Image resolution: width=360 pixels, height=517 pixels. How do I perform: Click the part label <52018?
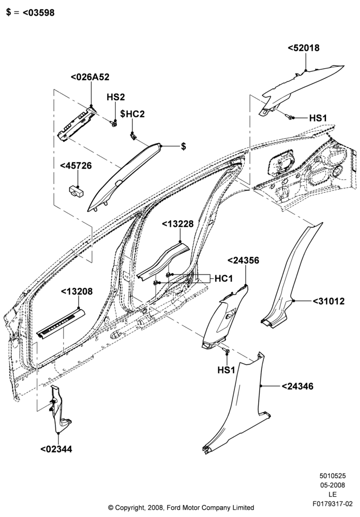pos(304,48)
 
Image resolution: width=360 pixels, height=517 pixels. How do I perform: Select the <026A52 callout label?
pos(90,77)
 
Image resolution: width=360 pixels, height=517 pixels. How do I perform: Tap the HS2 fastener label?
pos(116,97)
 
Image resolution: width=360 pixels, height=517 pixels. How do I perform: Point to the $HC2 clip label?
pos(132,114)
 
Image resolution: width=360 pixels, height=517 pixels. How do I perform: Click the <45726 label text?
pos(76,166)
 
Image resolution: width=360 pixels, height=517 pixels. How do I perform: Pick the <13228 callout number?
pos(177,224)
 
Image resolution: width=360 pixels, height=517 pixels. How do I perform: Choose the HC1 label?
pos(224,279)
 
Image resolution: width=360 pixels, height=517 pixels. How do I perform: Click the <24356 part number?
pos(244,261)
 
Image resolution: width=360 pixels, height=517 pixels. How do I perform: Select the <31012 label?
pos(328,301)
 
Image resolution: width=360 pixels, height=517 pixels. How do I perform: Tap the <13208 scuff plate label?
pos(77,292)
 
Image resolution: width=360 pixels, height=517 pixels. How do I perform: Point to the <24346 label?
pos(297,386)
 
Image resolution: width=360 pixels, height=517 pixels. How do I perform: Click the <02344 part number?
pos(56,449)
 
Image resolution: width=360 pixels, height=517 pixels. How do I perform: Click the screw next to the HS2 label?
pos(114,124)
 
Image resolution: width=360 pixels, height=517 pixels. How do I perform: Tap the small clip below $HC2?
pos(133,135)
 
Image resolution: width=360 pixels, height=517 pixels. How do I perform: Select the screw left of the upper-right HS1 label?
pos(290,117)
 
